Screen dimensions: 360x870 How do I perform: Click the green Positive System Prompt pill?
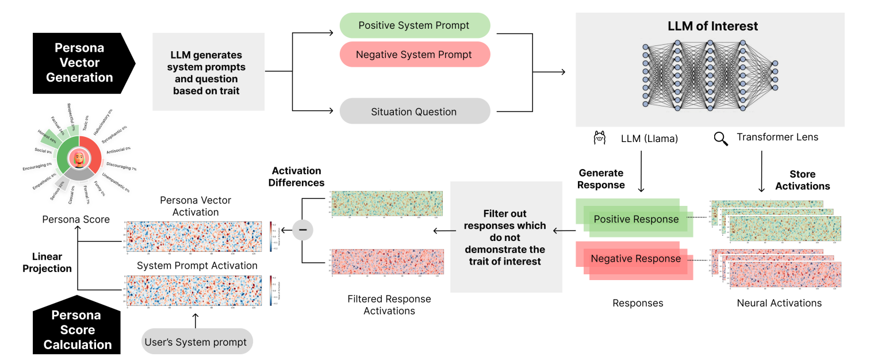[414, 25]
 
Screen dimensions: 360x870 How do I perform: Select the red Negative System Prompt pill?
[414, 55]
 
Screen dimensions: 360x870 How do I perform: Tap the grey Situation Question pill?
[414, 112]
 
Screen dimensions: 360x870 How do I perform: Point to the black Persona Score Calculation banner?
[77, 329]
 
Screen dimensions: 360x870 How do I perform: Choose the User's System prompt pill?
[196, 342]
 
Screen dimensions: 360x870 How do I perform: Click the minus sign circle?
[303, 230]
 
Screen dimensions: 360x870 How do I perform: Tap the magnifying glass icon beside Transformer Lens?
[720, 138]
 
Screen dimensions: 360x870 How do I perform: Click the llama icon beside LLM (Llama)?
[599, 138]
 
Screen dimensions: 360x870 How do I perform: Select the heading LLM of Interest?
[712, 26]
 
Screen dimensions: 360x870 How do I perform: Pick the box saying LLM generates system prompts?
[208, 72]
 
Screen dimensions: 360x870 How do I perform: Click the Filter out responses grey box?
[505, 236]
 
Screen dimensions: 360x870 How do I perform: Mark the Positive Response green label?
[636, 219]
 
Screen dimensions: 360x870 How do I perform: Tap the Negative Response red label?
[635, 259]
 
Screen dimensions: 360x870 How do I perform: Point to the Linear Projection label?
[47, 262]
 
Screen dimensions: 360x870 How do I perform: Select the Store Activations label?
[802, 179]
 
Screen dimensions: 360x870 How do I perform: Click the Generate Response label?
[601, 179]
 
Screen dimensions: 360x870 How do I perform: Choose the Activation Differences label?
[297, 177]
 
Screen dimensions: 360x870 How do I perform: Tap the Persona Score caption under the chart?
[76, 219]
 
